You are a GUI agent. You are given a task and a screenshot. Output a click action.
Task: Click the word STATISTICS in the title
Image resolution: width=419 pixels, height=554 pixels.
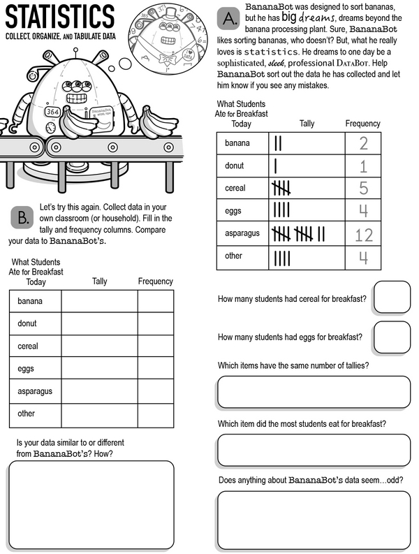tap(59, 17)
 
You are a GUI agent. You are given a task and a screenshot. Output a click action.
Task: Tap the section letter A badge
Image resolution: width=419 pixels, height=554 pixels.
tap(228, 17)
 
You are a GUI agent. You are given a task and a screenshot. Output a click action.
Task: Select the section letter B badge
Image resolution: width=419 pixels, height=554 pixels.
tap(22, 217)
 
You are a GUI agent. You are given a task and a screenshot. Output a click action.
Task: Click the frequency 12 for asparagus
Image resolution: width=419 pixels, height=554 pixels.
tap(364, 234)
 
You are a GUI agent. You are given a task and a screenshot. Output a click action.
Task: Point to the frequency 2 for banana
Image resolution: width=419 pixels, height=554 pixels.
tap(364, 144)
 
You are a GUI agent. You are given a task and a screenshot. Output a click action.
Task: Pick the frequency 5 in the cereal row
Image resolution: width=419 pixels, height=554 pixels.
tap(364, 189)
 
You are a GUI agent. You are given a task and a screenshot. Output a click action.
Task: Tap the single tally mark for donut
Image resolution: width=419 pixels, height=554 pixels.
tap(276, 166)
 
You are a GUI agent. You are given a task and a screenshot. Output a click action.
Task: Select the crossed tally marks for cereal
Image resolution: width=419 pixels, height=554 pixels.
tap(281, 189)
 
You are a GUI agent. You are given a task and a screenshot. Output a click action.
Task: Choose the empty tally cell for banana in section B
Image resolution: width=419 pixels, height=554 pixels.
tap(99, 301)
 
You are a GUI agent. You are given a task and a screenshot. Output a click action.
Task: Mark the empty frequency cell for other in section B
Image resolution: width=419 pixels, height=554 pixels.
tap(155, 414)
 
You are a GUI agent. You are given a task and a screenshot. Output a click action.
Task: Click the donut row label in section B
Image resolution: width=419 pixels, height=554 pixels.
tap(27, 323)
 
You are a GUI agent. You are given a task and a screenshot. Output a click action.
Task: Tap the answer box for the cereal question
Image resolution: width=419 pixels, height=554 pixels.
tap(391, 297)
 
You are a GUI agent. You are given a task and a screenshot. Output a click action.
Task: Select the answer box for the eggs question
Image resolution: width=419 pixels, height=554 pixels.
tap(391, 337)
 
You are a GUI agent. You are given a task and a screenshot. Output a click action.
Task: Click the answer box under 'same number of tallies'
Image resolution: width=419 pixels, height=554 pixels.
tap(314, 392)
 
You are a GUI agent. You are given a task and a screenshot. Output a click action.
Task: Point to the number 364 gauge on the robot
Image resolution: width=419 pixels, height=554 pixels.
tap(52, 111)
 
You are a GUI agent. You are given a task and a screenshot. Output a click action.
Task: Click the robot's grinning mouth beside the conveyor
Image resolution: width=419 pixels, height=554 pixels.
tap(78, 98)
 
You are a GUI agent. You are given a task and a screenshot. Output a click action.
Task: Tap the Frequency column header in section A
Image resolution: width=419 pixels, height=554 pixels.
tap(363, 124)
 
